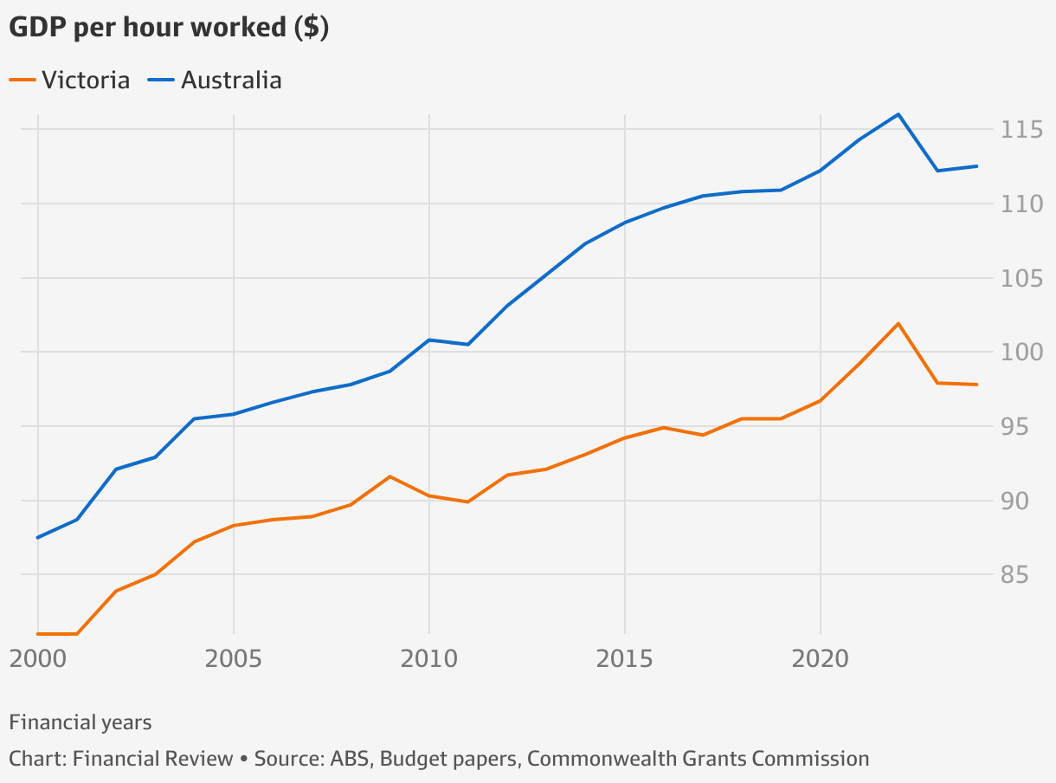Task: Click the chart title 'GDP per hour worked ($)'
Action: point(168,28)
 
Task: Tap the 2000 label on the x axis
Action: point(38,660)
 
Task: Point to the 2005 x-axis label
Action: point(234,660)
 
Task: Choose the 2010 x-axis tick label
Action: point(429,660)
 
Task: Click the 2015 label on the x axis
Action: point(625,660)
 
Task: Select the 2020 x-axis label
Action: point(821,660)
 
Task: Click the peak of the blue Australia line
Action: point(898,114)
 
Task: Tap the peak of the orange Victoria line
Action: point(898,324)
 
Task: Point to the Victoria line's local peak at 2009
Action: point(390,476)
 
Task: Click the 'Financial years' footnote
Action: point(80,722)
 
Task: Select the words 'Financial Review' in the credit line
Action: point(153,760)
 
